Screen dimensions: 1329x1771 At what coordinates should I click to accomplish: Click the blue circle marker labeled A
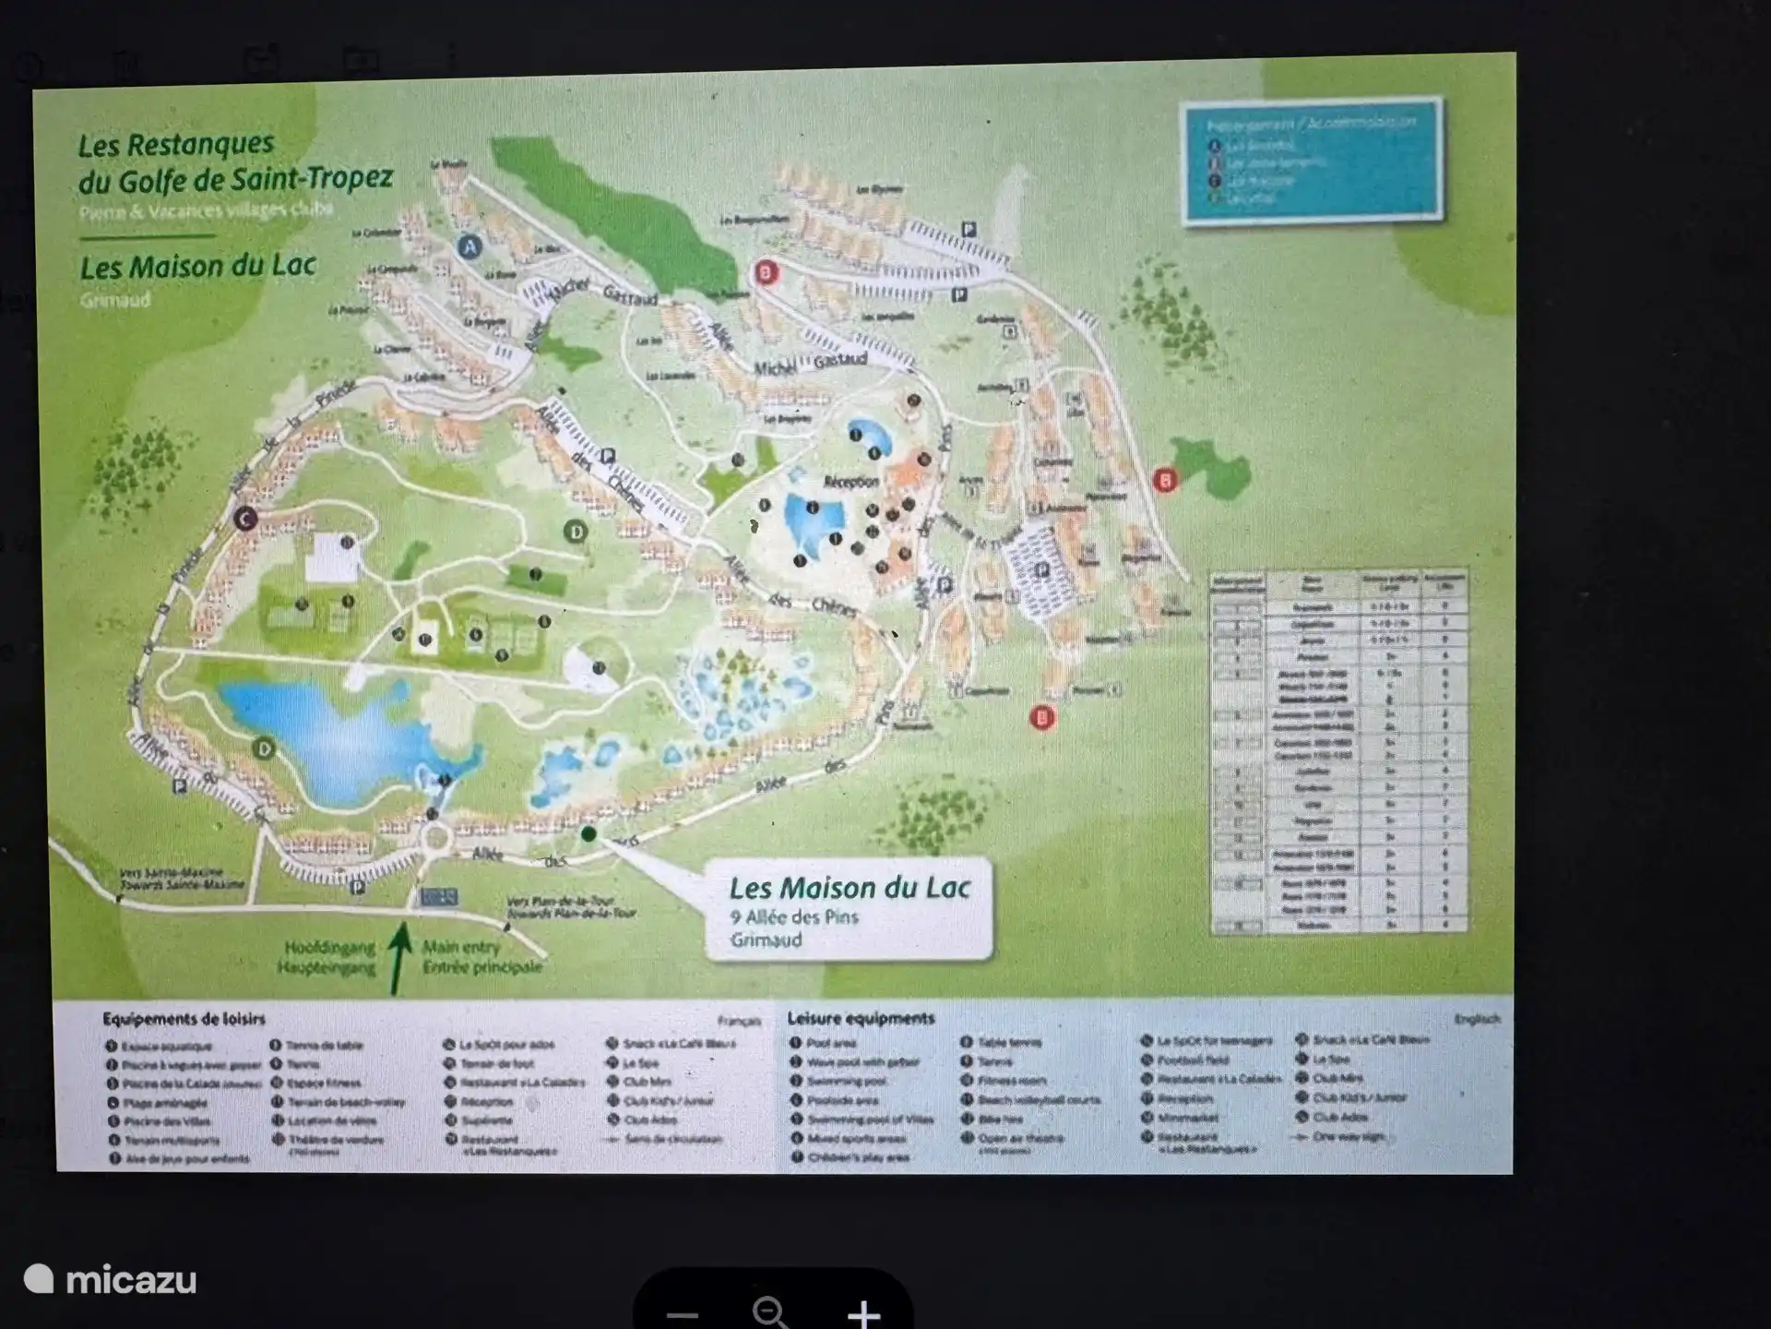pyautogui.click(x=470, y=246)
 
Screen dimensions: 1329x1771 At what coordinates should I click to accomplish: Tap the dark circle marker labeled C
pyautogui.click(x=244, y=519)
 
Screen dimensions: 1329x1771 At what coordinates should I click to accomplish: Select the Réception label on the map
pyautogui.click(x=850, y=482)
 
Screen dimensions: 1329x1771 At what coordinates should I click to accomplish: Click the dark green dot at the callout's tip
pyautogui.click(x=588, y=834)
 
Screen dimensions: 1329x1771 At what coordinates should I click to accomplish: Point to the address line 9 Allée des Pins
pyautogui.click(x=794, y=917)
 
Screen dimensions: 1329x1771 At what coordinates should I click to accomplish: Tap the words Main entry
pyautogui.click(x=461, y=947)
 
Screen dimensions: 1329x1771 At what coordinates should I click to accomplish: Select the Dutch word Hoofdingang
pyautogui.click(x=329, y=948)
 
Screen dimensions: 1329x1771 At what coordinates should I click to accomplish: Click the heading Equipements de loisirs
pyautogui.click(x=184, y=1019)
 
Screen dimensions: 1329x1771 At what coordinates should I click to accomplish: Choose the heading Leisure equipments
pyautogui.click(x=861, y=1018)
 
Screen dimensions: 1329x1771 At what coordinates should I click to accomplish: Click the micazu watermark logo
pyautogui.click(x=111, y=1280)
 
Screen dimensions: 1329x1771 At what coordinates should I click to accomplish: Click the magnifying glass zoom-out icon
pyautogui.click(x=769, y=1311)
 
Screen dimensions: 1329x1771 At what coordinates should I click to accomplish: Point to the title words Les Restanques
pyautogui.click(x=175, y=145)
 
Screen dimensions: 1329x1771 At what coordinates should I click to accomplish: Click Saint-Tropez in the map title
pyautogui.click(x=315, y=178)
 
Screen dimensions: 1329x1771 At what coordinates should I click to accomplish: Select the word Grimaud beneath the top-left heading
pyautogui.click(x=114, y=300)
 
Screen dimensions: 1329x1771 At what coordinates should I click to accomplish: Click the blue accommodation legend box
pyautogui.click(x=1312, y=160)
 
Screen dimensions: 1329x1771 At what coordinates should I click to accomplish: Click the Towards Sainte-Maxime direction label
pyautogui.click(x=182, y=884)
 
